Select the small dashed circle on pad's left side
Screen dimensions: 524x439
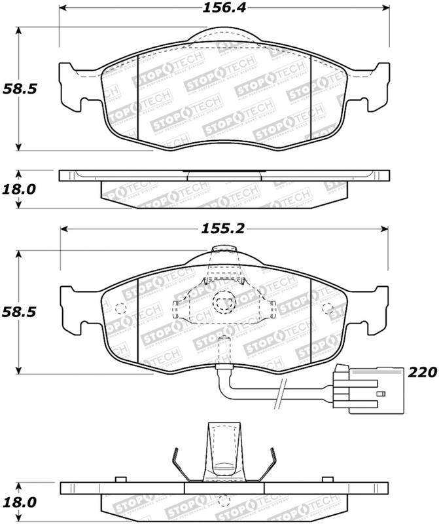119,310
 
